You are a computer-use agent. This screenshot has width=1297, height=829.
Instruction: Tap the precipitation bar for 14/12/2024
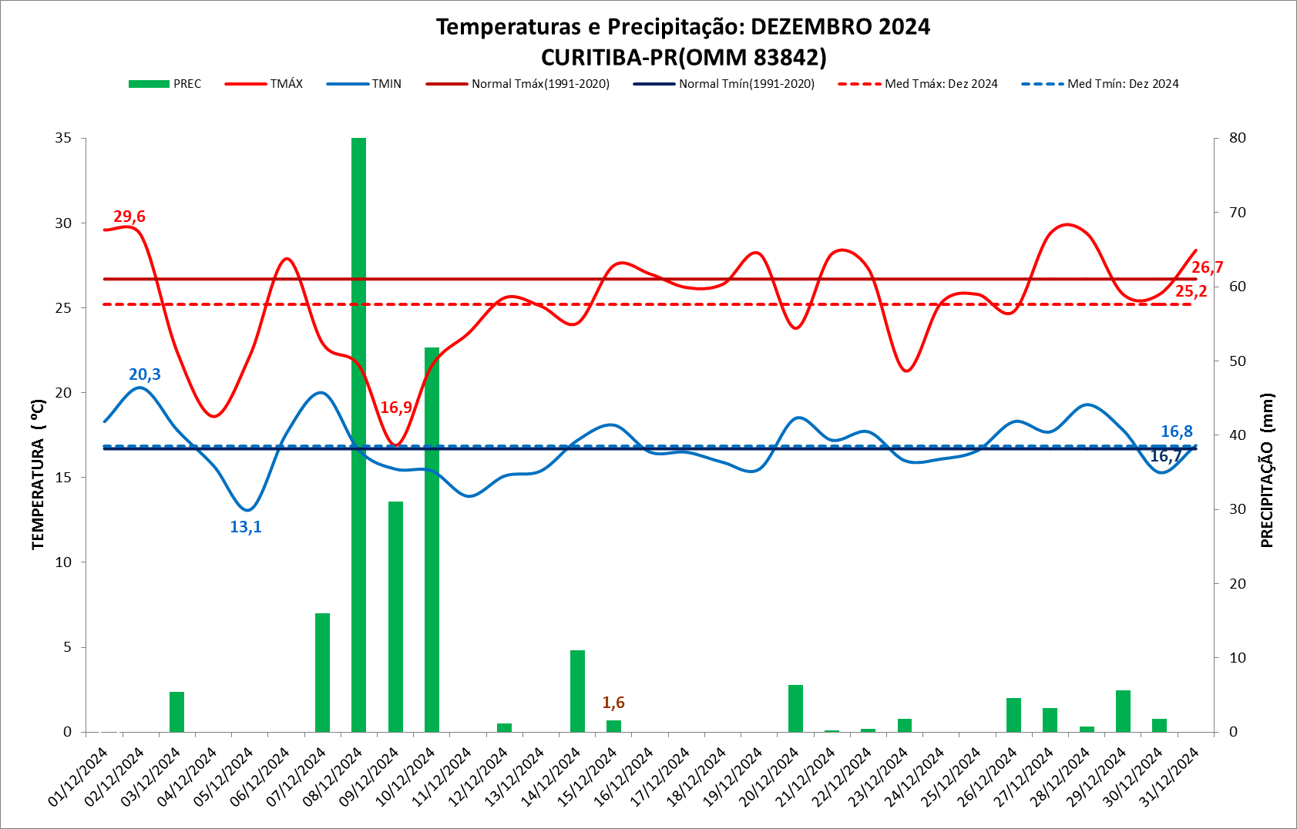[577, 691]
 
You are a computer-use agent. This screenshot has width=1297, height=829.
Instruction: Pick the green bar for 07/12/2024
[322, 673]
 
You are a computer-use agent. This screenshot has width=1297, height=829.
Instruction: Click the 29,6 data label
[129, 216]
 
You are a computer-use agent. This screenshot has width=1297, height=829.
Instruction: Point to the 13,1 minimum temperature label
[246, 527]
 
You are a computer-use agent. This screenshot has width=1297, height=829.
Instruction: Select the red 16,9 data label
[396, 408]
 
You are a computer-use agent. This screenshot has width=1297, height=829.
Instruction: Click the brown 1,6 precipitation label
[613, 703]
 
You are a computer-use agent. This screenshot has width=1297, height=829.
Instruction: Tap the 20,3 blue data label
[145, 374]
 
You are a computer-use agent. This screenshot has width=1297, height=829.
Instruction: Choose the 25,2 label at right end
[1191, 291]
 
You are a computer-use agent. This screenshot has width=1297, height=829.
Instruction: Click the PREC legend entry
[165, 84]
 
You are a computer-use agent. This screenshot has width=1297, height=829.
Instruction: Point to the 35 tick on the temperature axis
[63, 138]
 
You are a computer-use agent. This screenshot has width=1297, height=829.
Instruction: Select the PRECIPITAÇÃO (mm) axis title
[1267, 471]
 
